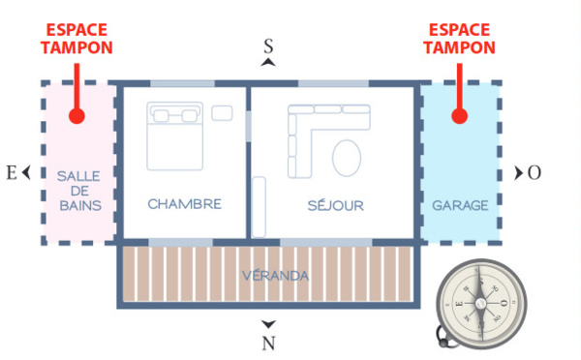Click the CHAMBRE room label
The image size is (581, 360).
(184, 204)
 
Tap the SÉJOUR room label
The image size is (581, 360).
(335, 205)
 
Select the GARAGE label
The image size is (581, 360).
(460, 206)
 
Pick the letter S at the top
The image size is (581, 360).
(269, 45)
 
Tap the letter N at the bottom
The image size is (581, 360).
(269, 343)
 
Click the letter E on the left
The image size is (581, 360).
(12, 173)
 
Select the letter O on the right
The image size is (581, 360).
(535, 172)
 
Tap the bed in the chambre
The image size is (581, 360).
(175, 135)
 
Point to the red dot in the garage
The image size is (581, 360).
(459, 116)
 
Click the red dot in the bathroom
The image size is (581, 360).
(76, 116)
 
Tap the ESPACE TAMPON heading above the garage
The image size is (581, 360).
(459, 39)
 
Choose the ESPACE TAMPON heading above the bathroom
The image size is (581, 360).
(76, 39)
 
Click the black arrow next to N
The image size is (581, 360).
(269, 324)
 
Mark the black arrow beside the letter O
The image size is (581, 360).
(519, 172)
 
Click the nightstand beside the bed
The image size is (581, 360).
(223, 112)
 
